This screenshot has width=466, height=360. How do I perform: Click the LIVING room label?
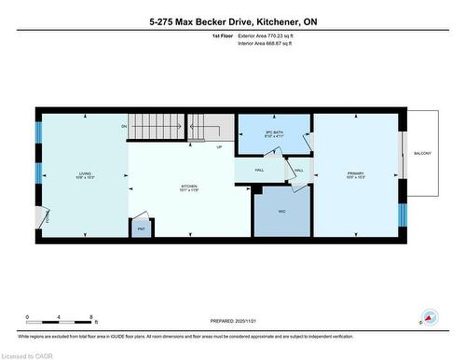pyautogui.click(x=84, y=173)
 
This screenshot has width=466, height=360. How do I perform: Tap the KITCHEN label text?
pyautogui.click(x=189, y=187)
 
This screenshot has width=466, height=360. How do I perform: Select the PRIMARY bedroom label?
pyautogui.click(x=354, y=173)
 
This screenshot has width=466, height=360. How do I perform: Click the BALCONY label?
pyautogui.click(x=422, y=153)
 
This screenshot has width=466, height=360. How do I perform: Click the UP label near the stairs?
pyautogui.click(x=219, y=147)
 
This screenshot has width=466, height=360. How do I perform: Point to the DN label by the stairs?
pyautogui.click(x=123, y=126)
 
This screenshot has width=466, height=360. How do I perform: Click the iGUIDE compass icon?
pyautogui.click(x=430, y=316)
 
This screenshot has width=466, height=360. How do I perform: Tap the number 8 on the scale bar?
pyautogui.click(x=90, y=317)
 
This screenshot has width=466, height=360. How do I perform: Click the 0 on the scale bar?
pyautogui.click(x=28, y=317)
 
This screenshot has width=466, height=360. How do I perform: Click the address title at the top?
pyautogui.click(x=233, y=21)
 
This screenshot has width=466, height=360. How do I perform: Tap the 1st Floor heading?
pyautogui.click(x=223, y=35)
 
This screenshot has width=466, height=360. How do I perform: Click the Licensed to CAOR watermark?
pyautogui.click(x=26, y=354)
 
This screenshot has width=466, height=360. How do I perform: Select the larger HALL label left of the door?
pyautogui.click(x=261, y=170)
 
